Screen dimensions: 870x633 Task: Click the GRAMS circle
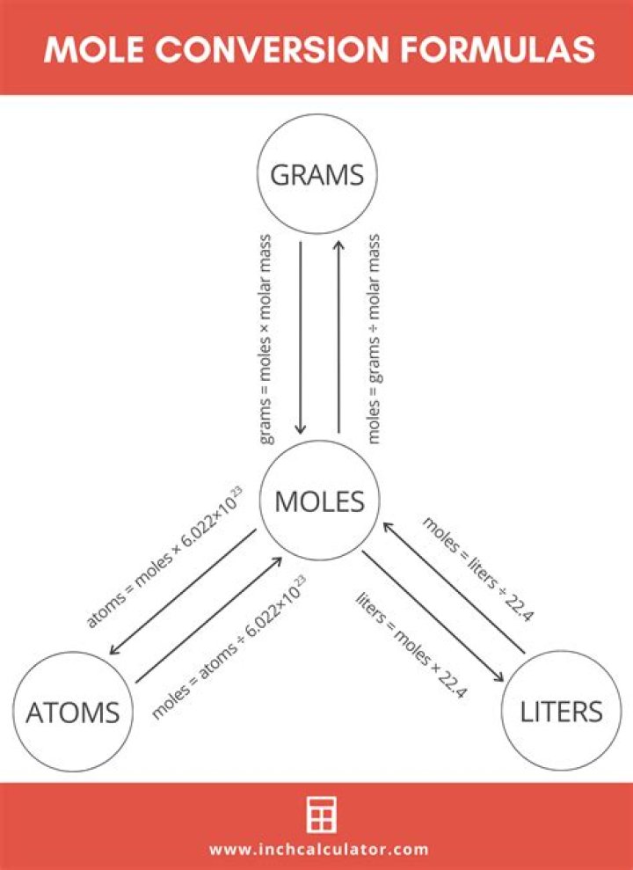[x=316, y=175]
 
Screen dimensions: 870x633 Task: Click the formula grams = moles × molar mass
[x=266, y=338]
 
